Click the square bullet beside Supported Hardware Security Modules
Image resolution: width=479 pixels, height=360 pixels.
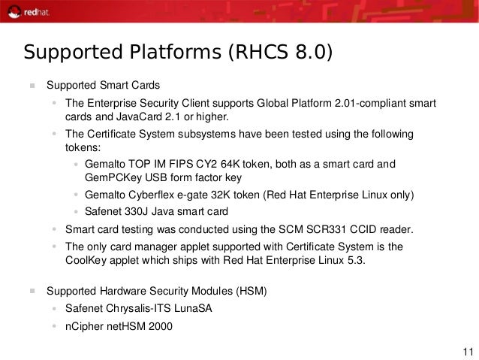pos(32,290)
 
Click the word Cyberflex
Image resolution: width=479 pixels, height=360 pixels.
pos(156,195)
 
